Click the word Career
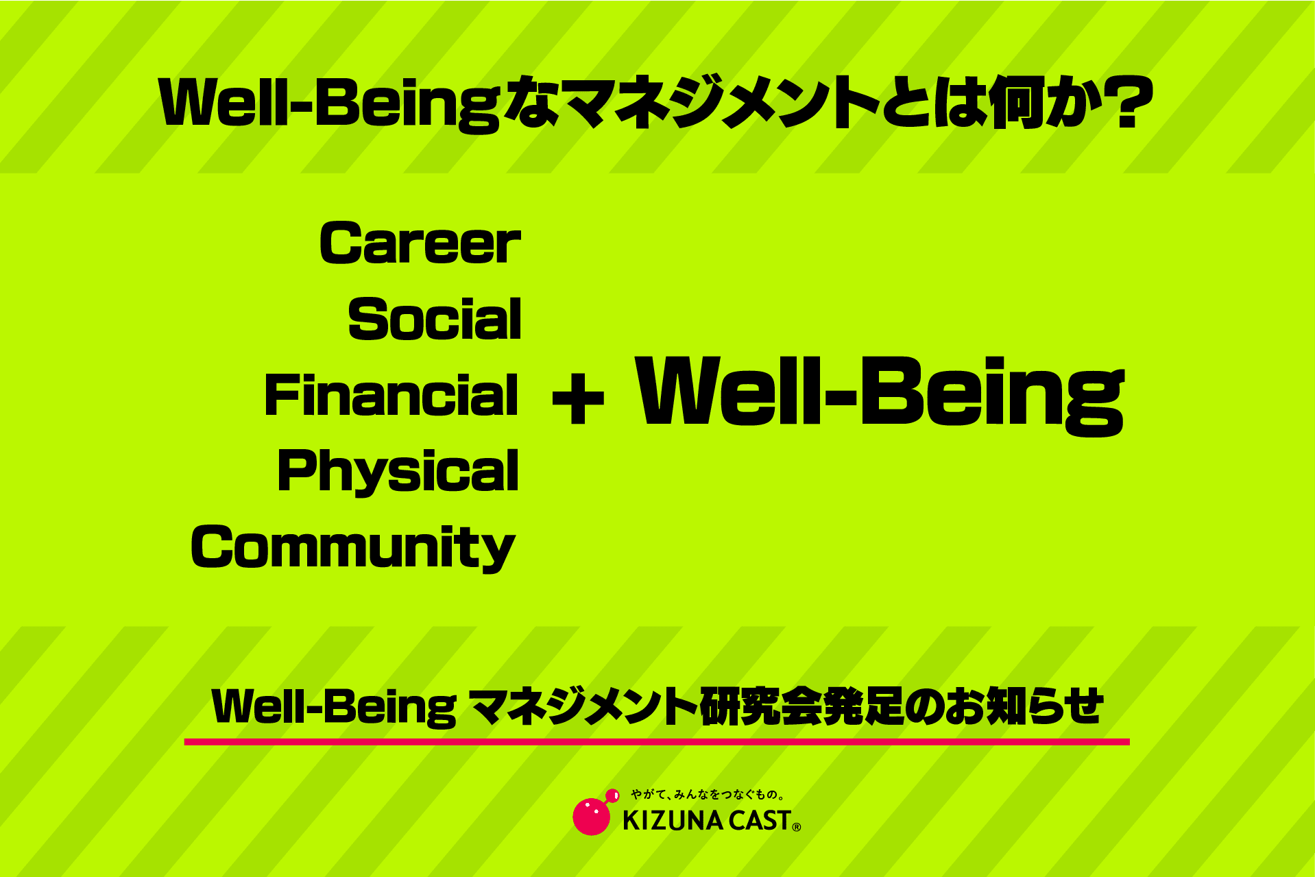coord(420,243)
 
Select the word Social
coord(435,319)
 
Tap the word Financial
coord(391,395)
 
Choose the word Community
coord(353,548)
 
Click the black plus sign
coord(578,398)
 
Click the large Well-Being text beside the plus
coord(880,396)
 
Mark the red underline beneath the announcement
coord(657,742)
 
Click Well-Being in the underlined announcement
coord(334,707)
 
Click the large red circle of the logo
coord(591,816)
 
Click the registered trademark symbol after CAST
coord(796,828)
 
